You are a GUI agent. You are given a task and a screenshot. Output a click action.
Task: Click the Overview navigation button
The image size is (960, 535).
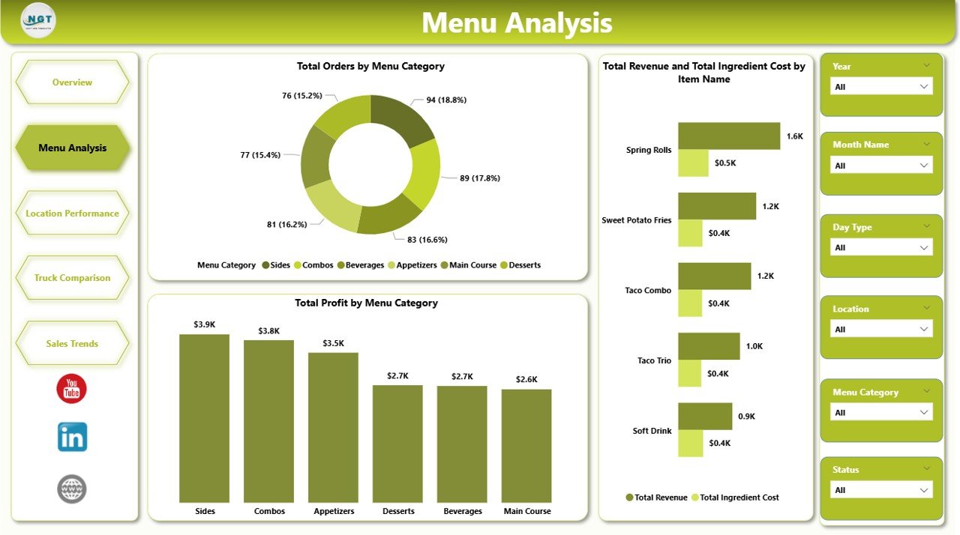coord(72,82)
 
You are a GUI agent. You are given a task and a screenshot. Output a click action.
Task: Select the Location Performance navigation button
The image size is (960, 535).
coord(72,214)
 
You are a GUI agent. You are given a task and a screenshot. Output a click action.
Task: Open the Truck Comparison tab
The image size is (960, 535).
coord(72,278)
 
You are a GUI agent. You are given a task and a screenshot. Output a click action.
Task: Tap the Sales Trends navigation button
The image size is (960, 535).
coord(72,343)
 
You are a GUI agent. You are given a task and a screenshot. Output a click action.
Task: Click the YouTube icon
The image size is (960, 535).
coord(72,389)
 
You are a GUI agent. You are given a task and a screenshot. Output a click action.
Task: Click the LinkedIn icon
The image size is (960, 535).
coord(72,437)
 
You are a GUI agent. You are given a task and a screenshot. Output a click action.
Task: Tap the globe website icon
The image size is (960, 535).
coord(72,489)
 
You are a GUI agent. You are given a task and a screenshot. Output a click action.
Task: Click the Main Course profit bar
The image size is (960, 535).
coord(526,446)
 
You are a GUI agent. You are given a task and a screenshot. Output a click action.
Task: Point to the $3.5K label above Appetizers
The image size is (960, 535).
coord(333,343)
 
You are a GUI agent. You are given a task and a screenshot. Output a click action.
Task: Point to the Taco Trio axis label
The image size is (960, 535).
coord(654,360)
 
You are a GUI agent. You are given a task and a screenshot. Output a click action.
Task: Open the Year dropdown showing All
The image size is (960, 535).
coord(881,87)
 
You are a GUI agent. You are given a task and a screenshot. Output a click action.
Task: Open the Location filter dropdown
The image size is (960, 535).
coord(881,330)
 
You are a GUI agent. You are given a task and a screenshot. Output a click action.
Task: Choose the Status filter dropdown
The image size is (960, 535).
coord(881,490)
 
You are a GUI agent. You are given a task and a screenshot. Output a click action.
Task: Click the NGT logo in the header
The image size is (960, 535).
coord(38,20)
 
